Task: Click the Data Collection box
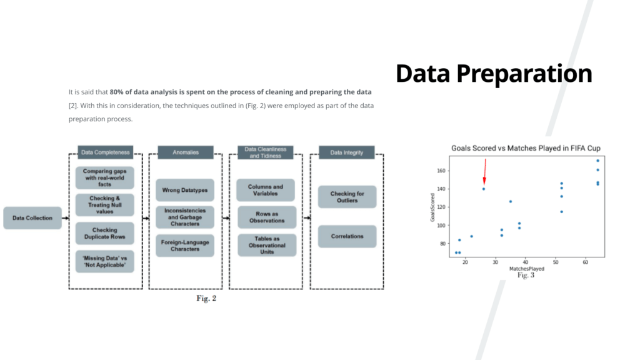32,218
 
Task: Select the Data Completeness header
105,152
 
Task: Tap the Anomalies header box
185,152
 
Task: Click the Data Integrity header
346,152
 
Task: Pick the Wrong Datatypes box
185,190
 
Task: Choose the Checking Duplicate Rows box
105,233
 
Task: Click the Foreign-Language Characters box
185,245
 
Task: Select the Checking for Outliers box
347,197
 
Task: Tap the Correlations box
347,236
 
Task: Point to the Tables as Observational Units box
267,245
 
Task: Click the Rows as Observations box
267,217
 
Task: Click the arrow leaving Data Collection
65,218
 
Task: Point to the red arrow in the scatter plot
485,171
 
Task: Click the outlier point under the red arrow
484,189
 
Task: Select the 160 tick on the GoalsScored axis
441,171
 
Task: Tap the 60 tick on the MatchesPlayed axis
585,262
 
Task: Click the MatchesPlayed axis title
526,269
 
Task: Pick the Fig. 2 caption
206,298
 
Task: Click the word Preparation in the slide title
524,74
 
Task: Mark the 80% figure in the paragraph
116,92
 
